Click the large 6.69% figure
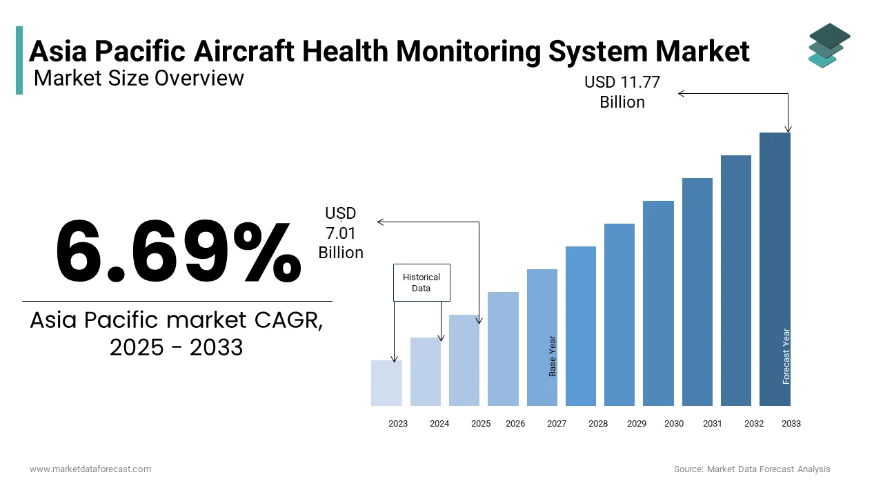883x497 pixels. (x=178, y=252)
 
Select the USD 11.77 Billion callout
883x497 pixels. (x=622, y=92)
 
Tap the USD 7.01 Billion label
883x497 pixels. (x=341, y=233)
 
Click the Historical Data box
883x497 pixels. (x=421, y=282)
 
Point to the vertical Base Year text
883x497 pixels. (x=553, y=356)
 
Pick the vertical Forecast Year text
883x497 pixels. (x=786, y=356)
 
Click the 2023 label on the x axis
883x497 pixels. (x=398, y=424)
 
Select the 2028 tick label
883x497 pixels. (x=598, y=424)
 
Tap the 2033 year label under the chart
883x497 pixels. (x=791, y=424)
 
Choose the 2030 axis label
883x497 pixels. (x=674, y=424)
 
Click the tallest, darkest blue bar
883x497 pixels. (x=775, y=269)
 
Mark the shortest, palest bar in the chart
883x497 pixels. (x=386, y=383)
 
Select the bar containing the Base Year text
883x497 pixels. (x=542, y=338)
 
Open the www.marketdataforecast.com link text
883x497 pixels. (x=90, y=469)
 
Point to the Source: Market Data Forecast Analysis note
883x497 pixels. (x=752, y=469)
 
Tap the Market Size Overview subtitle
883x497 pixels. (x=139, y=78)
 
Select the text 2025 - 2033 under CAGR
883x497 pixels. (x=177, y=347)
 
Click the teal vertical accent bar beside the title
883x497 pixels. (x=19, y=60)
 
